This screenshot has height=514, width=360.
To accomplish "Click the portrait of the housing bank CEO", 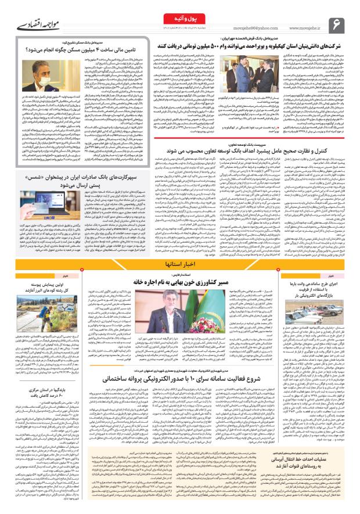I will [48, 75].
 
